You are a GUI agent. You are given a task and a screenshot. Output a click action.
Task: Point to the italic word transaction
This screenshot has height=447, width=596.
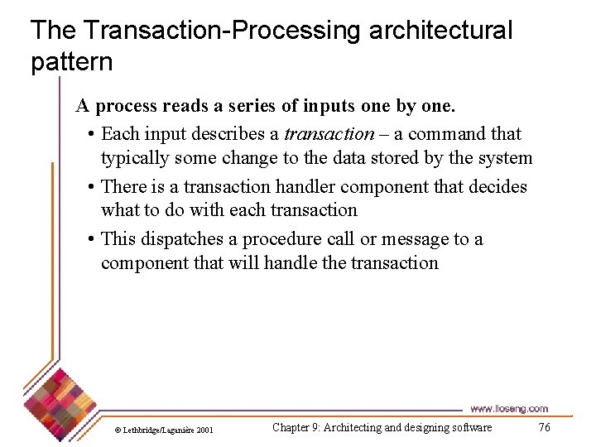[329, 134]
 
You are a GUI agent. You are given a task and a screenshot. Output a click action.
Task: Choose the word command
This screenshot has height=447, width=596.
[447, 134]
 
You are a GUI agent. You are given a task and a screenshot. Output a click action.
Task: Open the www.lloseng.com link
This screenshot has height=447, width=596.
[508, 408]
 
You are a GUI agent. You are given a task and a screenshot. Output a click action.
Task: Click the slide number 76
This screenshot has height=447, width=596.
[544, 427]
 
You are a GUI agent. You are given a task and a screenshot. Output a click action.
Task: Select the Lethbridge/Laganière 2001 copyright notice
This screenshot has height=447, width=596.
[163, 430]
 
